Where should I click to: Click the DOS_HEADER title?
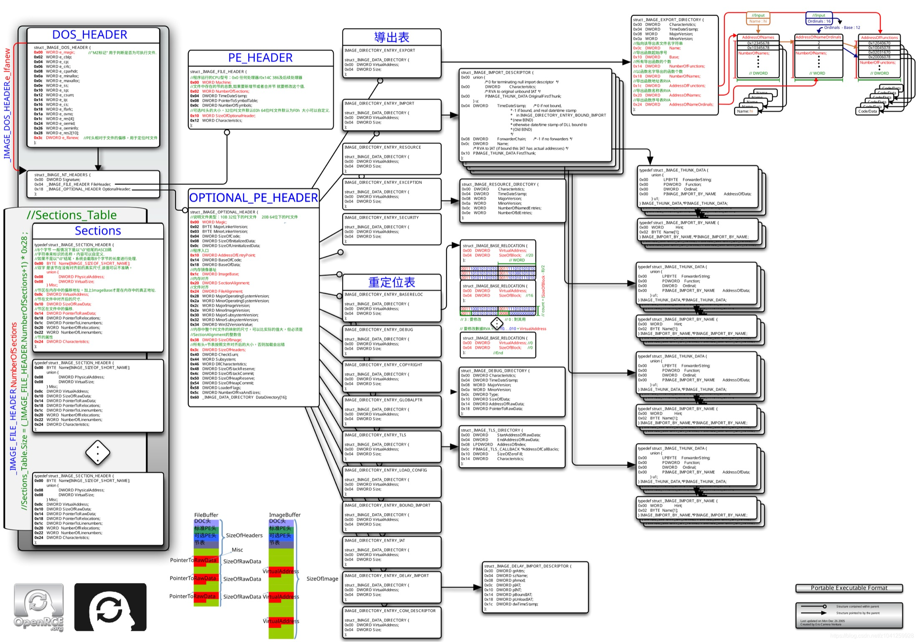click(x=89, y=35)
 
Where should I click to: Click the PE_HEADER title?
click(x=260, y=58)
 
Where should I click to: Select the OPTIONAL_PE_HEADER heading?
click(x=254, y=198)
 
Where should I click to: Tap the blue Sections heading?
click(x=98, y=231)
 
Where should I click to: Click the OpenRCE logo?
click(x=38, y=607)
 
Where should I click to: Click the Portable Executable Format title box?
click(x=849, y=588)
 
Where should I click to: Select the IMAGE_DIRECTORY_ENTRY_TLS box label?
click(x=375, y=435)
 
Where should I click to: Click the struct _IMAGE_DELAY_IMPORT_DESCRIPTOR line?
click(x=528, y=566)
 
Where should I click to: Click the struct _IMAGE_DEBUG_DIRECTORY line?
click(x=495, y=371)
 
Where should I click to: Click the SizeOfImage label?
click(x=322, y=579)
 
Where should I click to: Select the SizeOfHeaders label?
click(x=244, y=535)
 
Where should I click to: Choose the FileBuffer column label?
click(x=206, y=515)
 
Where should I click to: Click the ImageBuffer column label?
click(x=284, y=515)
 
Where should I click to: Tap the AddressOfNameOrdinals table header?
click(x=818, y=37)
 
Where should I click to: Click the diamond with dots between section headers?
click(x=97, y=453)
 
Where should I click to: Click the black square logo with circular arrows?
click(x=110, y=607)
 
